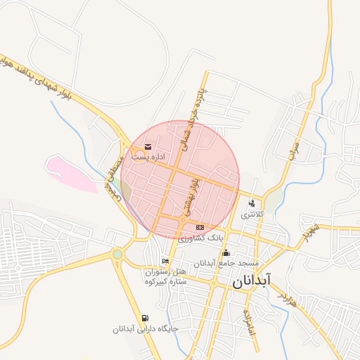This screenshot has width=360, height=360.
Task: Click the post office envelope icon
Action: [147, 147]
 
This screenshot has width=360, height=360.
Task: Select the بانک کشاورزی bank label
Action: [200, 238]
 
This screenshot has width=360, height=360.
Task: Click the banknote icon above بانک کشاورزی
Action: [200, 227]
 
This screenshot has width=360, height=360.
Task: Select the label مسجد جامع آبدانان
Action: [227, 263]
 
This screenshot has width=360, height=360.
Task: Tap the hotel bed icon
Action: [165, 262]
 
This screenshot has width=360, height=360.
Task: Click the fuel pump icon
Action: [145, 319]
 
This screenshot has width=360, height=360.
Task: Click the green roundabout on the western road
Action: [117, 254]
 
